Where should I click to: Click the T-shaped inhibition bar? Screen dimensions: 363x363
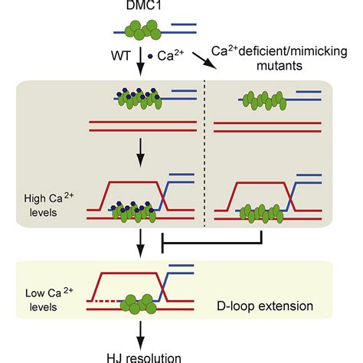point(222,248)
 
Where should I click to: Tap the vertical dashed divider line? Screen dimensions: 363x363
point(204,153)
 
